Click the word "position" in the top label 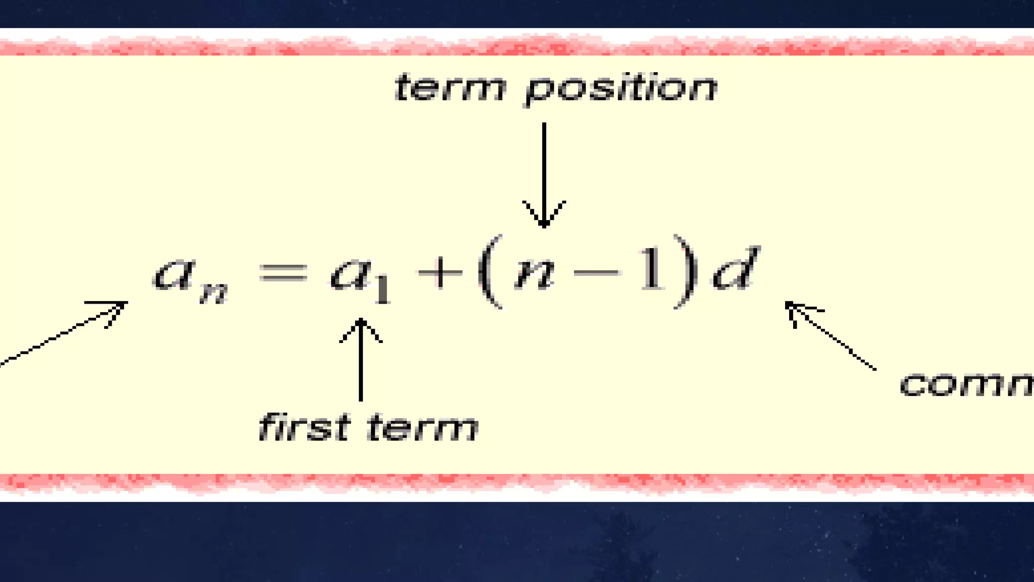(621, 90)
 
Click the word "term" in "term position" (449, 88)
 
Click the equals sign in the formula (283, 274)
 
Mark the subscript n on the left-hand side (213, 293)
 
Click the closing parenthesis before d (687, 271)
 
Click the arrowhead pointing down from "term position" (544, 215)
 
